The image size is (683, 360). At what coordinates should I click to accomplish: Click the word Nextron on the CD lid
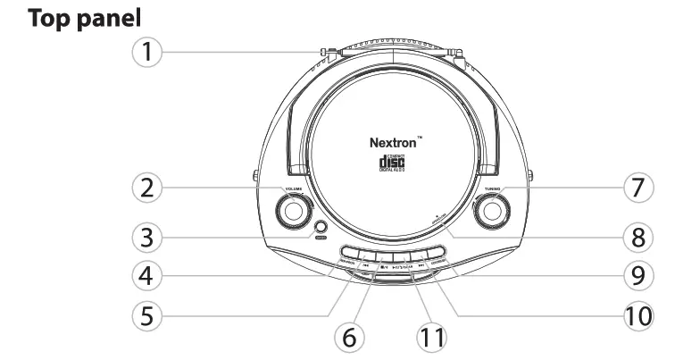tap(393, 142)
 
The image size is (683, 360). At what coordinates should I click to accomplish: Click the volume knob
tap(290, 213)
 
